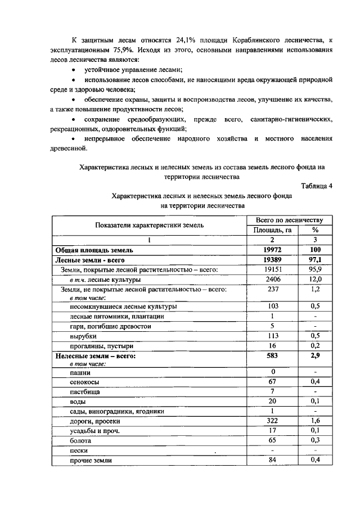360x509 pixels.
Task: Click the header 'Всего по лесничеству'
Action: [x=289, y=220]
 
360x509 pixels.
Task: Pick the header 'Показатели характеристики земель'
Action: [x=150, y=225]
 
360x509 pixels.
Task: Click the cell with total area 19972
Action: [x=272, y=249]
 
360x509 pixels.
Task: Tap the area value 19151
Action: [x=272, y=269]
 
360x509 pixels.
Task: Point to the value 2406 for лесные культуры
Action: [x=272, y=279]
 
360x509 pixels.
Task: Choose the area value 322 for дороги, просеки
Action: [x=272, y=421]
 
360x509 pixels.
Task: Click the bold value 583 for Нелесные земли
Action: [x=272, y=355]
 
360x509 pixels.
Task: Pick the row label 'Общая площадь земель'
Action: [x=94, y=249]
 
